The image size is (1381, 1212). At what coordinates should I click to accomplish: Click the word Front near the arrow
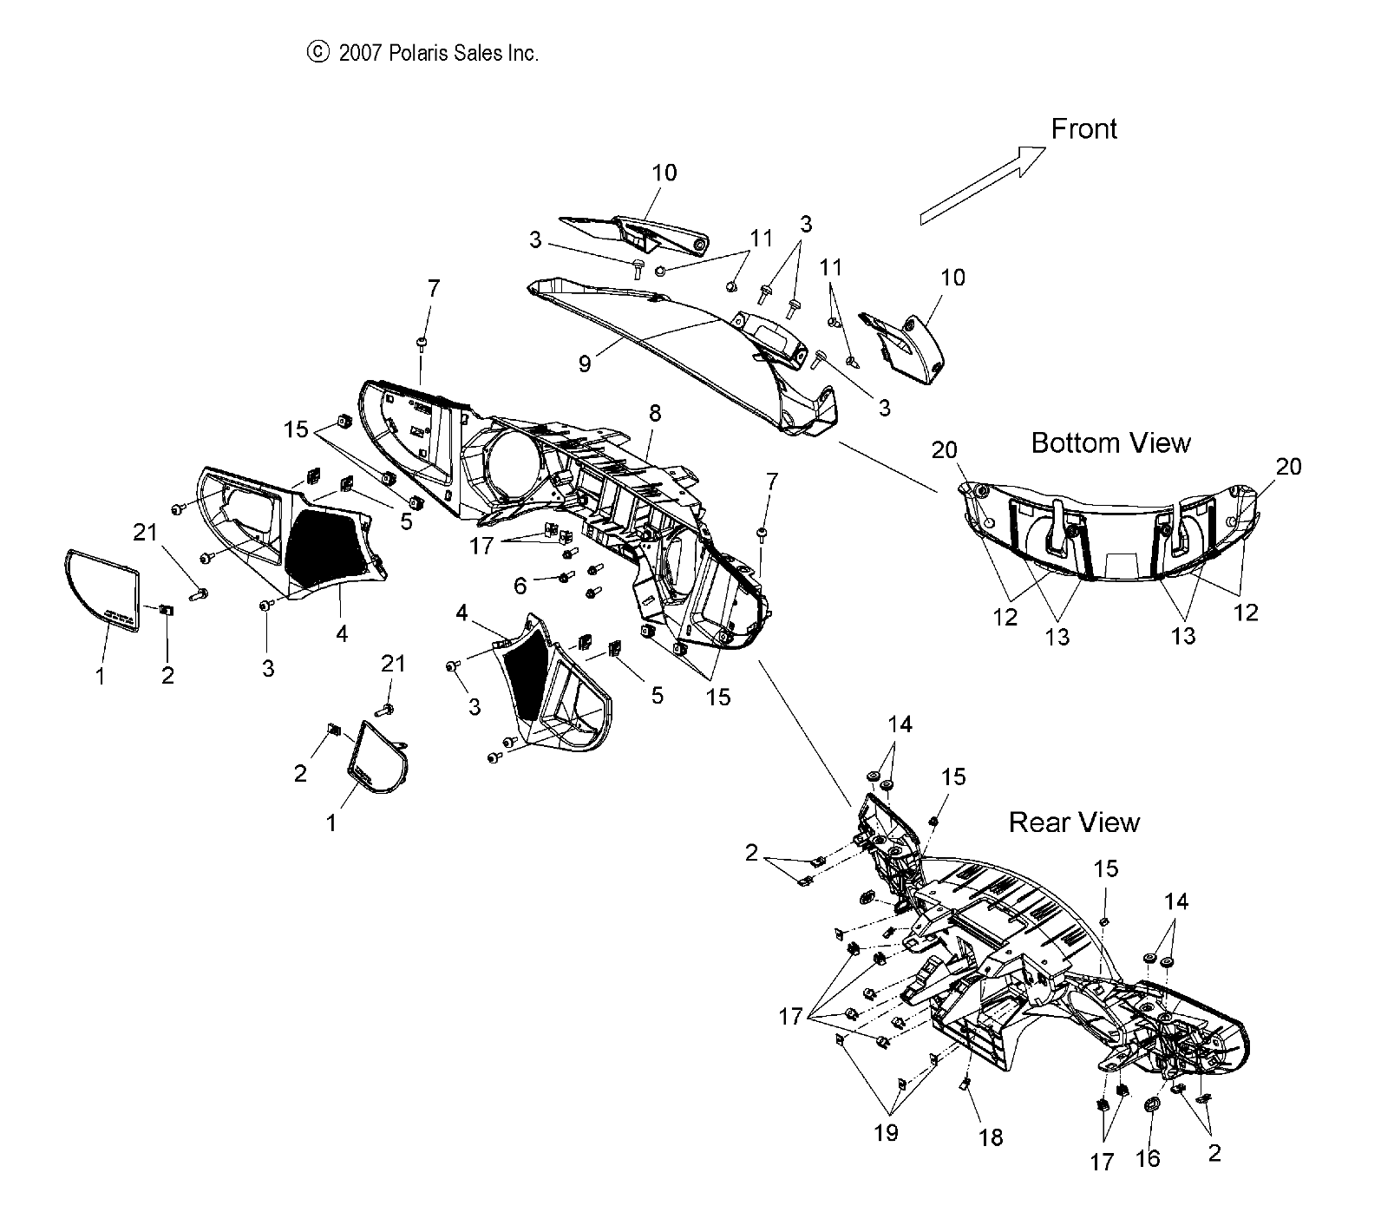(1083, 129)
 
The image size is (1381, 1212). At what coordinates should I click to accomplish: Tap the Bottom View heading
(1110, 443)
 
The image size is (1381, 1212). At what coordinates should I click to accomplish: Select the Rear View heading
(1074, 822)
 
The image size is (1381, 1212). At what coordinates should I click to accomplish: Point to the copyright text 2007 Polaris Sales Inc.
(438, 53)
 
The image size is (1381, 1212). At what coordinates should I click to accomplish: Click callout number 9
(585, 364)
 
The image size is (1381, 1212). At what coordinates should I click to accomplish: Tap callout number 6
(520, 586)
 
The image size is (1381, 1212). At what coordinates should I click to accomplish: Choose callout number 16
(1147, 1159)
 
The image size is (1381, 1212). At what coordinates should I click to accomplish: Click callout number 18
(991, 1137)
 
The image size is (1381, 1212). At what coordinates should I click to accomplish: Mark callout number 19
(887, 1132)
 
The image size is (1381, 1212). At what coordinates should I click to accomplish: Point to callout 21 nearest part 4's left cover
(145, 532)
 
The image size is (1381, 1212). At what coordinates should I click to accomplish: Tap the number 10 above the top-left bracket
(664, 173)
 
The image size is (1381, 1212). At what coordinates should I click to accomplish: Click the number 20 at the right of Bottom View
(1289, 467)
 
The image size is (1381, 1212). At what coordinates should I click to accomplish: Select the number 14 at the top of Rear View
(900, 724)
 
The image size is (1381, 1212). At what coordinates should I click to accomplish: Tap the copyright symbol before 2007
(318, 53)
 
